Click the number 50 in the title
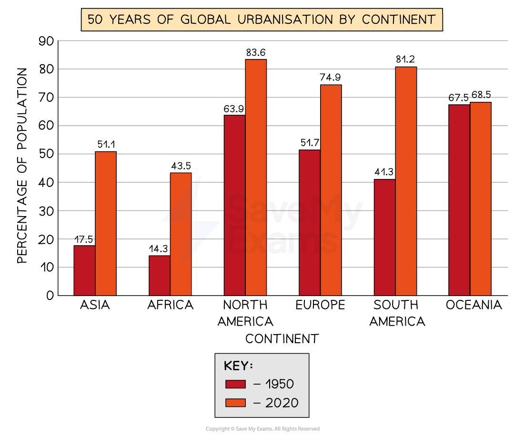click(x=94, y=20)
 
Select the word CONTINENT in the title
click(x=398, y=20)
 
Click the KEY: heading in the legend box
click(x=238, y=366)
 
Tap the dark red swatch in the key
click(x=235, y=384)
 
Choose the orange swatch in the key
click(x=235, y=403)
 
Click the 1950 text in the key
click(x=280, y=384)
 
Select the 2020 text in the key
click(x=282, y=403)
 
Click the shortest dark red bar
click(x=160, y=276)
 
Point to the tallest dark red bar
click(x=459, y=200)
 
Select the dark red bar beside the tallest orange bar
click(x=235, y=205)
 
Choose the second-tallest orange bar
click(x=406, y=181)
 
